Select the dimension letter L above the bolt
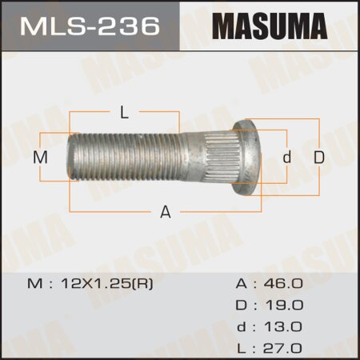pyautogui.click(x=123, y=113)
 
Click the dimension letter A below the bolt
pyautogui.click(x=166, y=212)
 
